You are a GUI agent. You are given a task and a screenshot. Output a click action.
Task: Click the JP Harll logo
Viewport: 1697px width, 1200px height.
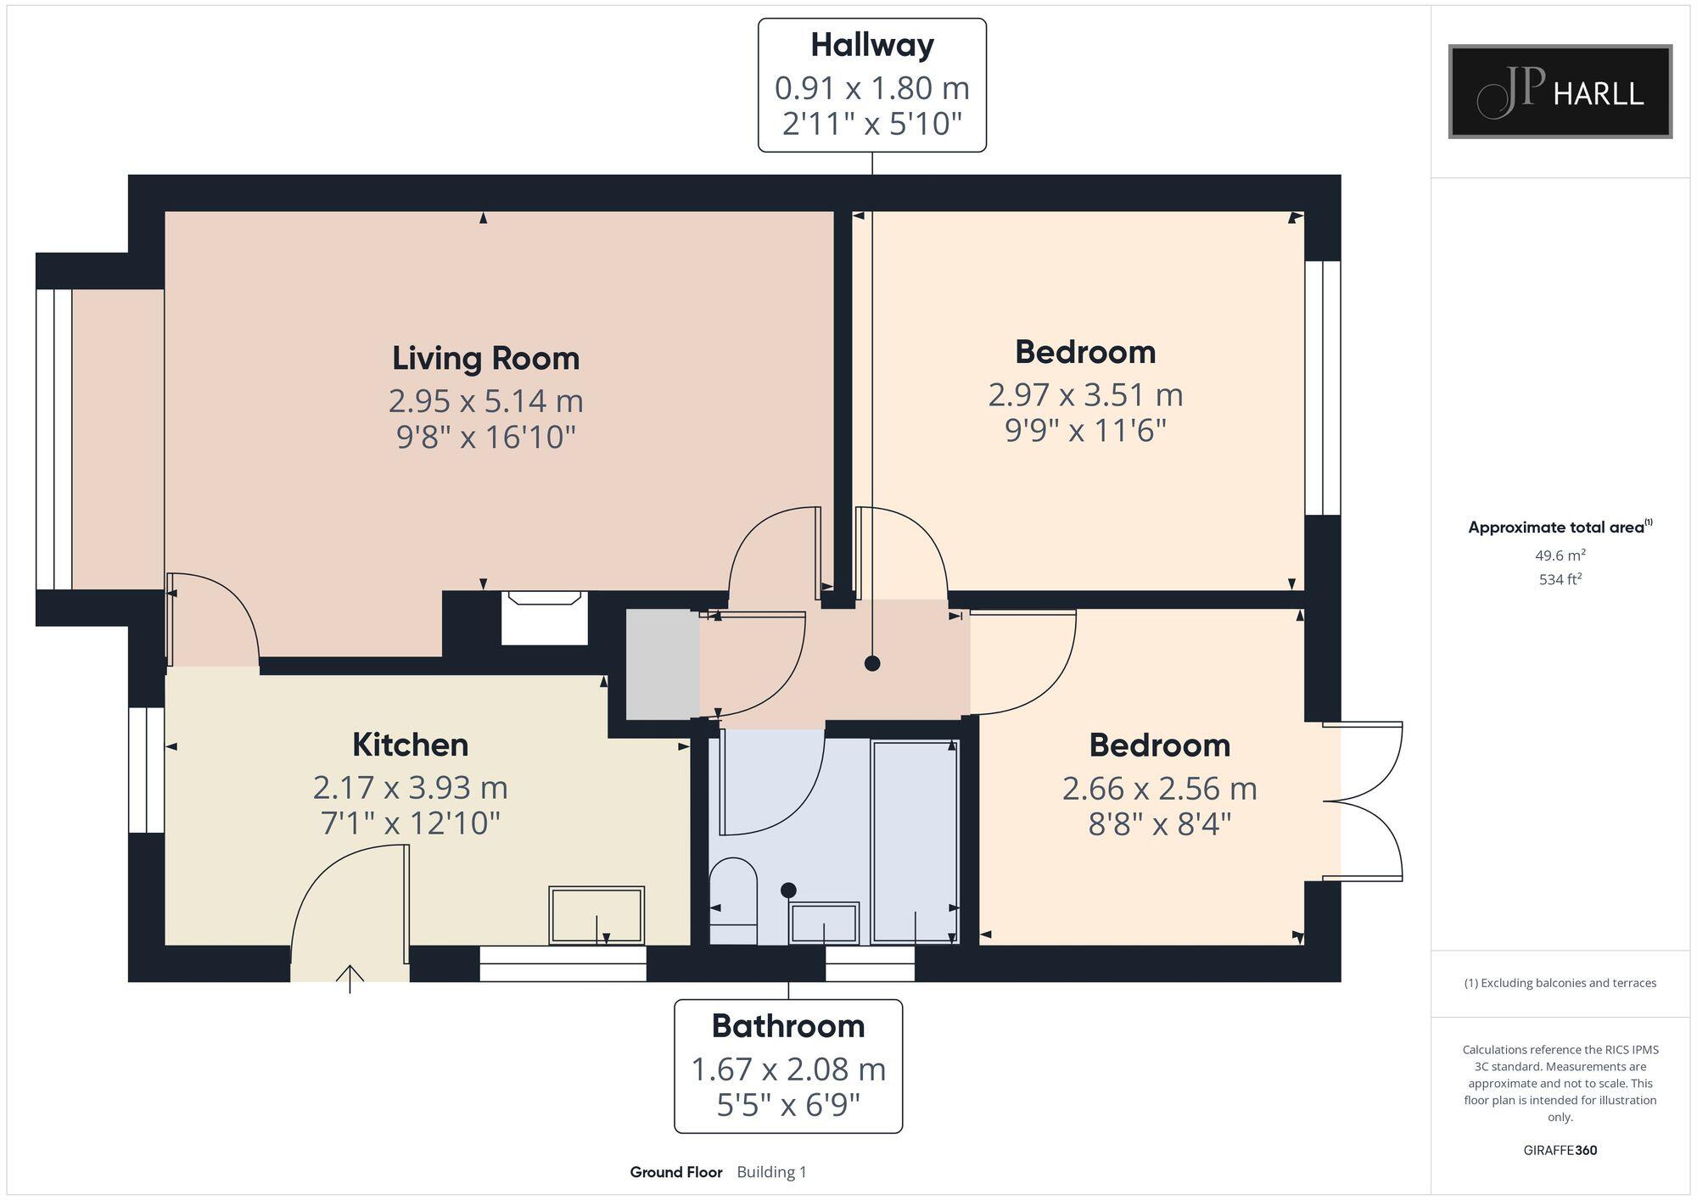(1560, 92)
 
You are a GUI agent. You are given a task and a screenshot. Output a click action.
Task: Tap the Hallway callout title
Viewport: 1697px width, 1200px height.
(871, 45)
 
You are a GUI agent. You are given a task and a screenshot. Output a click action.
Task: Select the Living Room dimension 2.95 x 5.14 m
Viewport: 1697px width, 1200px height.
(485, 400)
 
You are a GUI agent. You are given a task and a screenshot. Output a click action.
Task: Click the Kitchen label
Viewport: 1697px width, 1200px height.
(410, 745)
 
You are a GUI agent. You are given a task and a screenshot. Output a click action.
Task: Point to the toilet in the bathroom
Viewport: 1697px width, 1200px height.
(732, 899)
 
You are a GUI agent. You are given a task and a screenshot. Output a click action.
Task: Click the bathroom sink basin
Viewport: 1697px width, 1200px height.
(823, 923)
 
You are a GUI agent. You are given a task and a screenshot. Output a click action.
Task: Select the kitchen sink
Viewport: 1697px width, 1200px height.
(596, 914)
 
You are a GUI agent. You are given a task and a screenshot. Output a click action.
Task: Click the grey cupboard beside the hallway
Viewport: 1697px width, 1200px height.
(662, 664)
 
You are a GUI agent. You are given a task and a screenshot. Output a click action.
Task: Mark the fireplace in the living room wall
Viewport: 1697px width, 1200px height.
(544, 617)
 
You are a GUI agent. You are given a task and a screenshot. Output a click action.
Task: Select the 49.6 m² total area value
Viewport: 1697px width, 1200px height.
(1560, 556)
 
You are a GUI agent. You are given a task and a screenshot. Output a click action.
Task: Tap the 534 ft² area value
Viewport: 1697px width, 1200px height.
(1560, 580)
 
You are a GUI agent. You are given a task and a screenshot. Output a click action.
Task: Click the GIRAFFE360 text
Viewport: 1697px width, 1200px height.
(1560, 1151)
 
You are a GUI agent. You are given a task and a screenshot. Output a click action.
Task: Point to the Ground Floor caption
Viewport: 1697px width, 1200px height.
(675, 1172)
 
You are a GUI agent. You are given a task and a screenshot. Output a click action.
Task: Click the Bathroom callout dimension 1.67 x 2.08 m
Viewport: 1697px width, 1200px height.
(787, 1069)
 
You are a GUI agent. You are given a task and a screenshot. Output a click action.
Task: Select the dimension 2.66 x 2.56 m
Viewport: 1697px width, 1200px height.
(1159, 789)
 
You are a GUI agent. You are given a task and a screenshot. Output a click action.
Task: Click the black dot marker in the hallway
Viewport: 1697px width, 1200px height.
(872, 663)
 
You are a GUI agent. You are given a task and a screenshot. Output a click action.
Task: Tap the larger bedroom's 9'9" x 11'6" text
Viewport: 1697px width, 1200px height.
(1085, 431)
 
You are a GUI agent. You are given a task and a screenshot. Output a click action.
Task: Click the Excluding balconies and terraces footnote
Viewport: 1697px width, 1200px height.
(1560, 983)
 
